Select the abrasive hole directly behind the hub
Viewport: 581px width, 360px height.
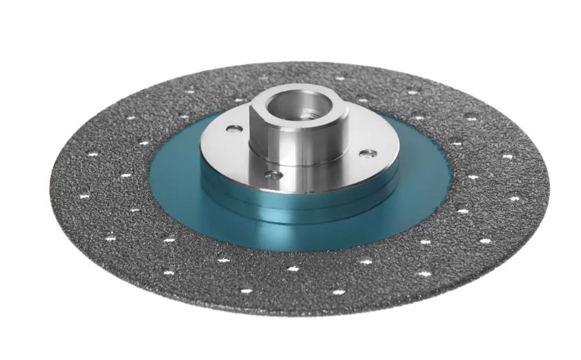pyautogui.click(x=339, y=78)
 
